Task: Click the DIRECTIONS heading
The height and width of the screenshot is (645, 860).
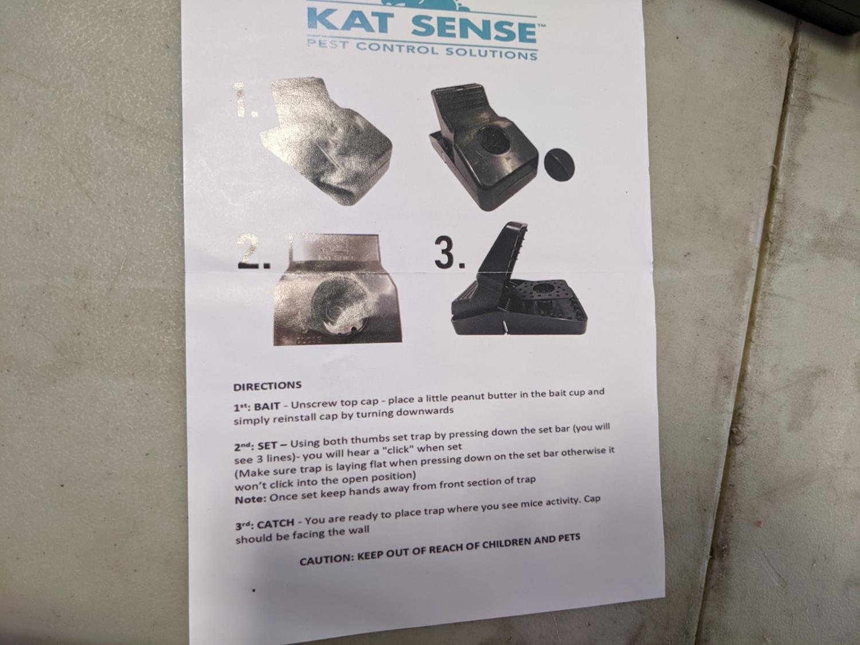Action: (x=267, y=386)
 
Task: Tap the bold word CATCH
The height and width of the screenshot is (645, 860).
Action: (x=276, y=523)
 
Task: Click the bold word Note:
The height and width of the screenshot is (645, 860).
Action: (x=251, y=499)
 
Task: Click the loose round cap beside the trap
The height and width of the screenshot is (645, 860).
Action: (x=560, y=164)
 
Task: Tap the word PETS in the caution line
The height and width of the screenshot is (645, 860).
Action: (x=568, y=538)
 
